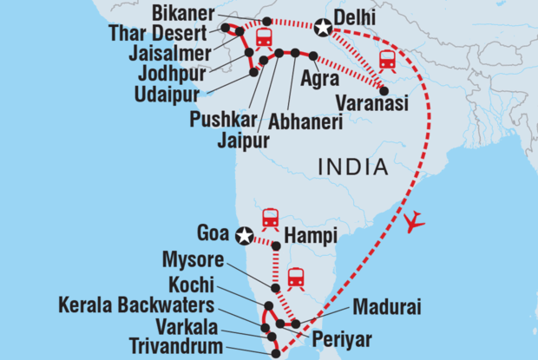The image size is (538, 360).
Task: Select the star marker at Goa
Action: [x=245, y=234]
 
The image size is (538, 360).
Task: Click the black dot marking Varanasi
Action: [x=383, y=86]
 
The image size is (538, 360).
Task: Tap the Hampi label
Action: [x=308, y=234]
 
